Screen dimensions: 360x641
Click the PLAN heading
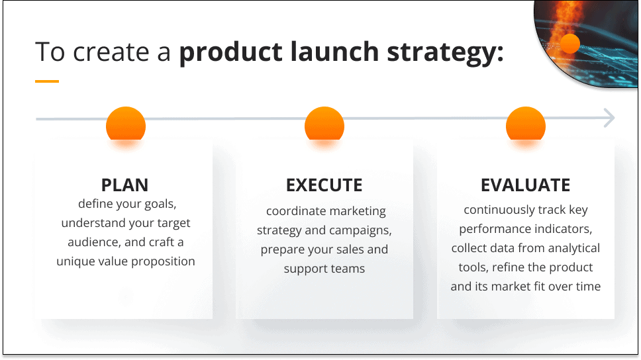(x=124, y=185)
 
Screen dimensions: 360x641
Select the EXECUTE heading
(x=324, y=185)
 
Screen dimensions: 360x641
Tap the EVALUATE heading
(x=525, y=185)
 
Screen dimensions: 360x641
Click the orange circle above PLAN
(x=126, y=124)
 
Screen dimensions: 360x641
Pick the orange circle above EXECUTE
(x=324, y=124)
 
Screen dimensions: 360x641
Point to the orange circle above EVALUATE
(x=526, y=124)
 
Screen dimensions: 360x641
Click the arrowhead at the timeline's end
(x=609, y=119)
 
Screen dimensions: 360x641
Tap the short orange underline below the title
(x=47, y=81)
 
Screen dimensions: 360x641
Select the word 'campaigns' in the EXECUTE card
(x=364, y=231)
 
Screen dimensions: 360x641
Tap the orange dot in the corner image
(x=570, y=44)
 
